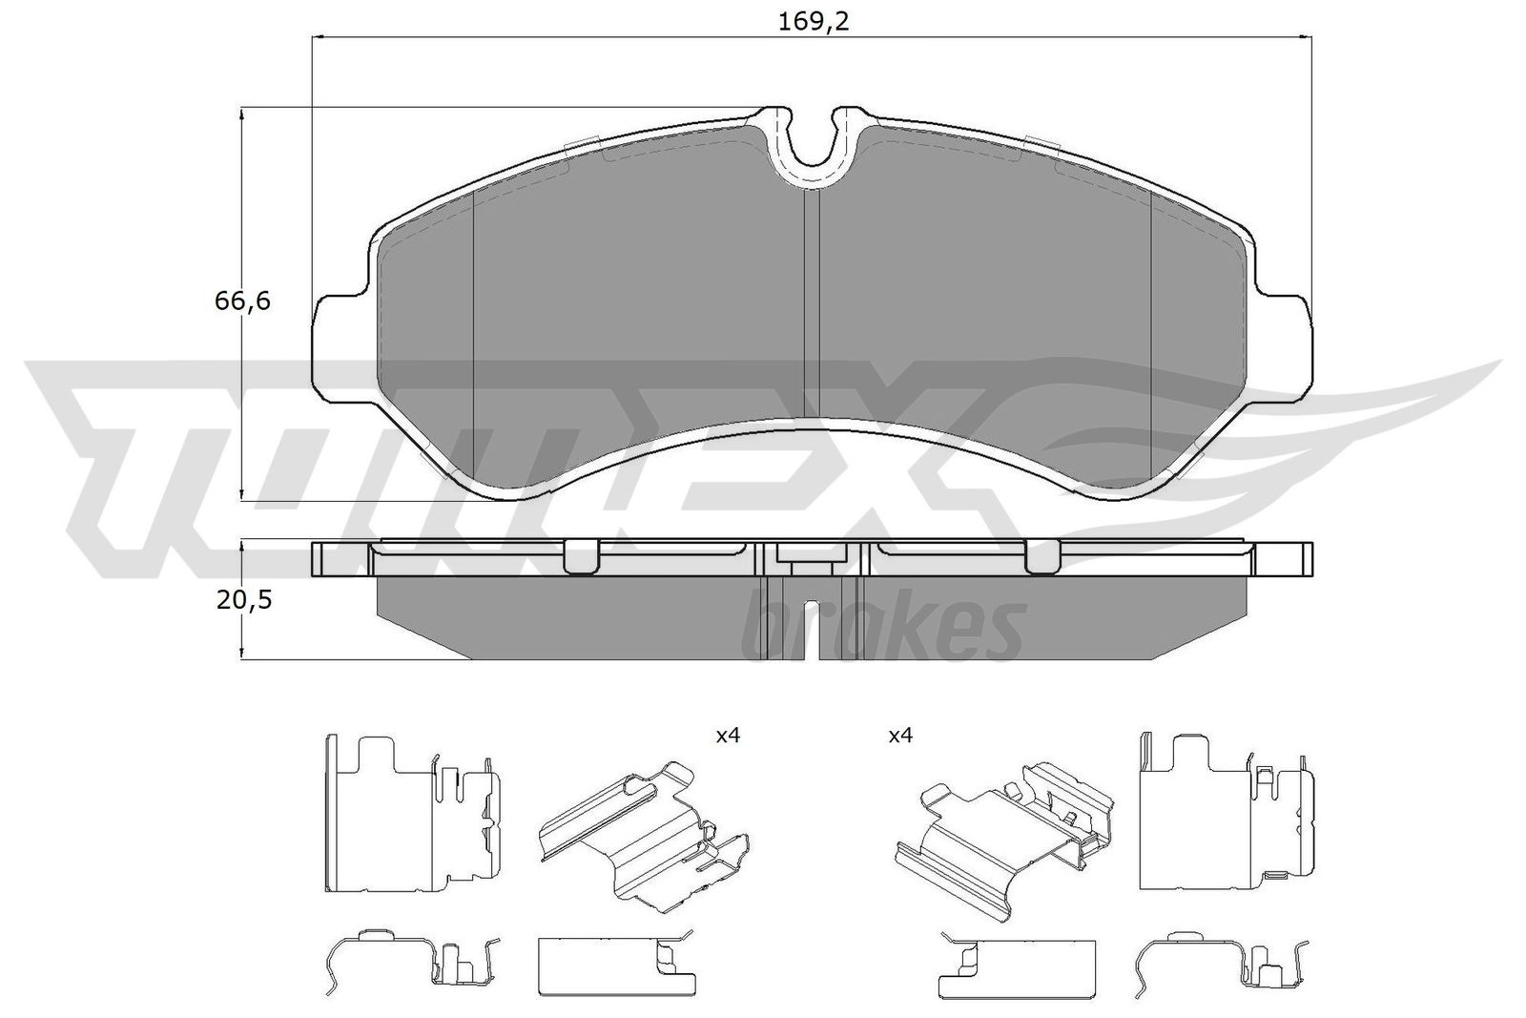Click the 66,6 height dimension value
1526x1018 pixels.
point(242,301)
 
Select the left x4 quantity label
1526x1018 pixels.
point(728,736)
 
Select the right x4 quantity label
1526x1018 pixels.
point(900,736)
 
